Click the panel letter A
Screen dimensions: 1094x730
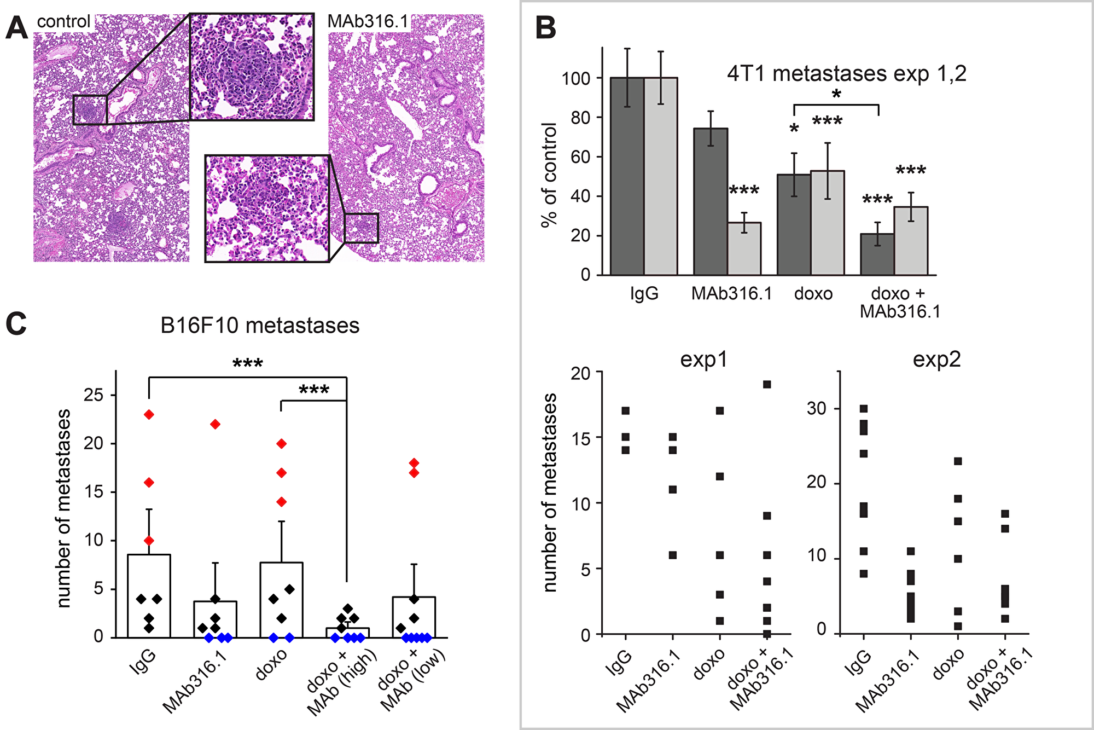[x=16, y=28]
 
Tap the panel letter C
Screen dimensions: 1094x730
[x=16, y=323]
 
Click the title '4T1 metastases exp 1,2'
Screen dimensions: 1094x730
[x=847, y=73]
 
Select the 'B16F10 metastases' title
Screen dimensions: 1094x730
[x=260, y=326]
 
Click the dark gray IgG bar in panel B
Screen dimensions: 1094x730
[x=627, y=176]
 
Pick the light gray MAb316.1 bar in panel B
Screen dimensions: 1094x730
[x=744, y=248]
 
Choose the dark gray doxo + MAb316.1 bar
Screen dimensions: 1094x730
[x=877, y=254]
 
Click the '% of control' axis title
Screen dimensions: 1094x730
[x=549, y=175]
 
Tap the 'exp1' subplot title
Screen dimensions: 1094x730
[x=704, y=360]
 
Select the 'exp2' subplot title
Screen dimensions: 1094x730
[x=936, y=360]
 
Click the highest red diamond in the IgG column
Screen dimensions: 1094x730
[x=149, y=415]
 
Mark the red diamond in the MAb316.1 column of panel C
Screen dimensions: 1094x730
[x=216, y=424]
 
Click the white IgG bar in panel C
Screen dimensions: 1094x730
[x=149, y=596]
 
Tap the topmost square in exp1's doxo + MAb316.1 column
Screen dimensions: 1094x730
[x=767, y=385]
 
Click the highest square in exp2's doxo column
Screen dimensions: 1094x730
[x=958, y=461]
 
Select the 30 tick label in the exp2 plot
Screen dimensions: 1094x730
[x=817, y=409]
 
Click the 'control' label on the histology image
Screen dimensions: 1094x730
[x=63, y=21]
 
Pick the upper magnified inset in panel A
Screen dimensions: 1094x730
[x=252, y=67]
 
